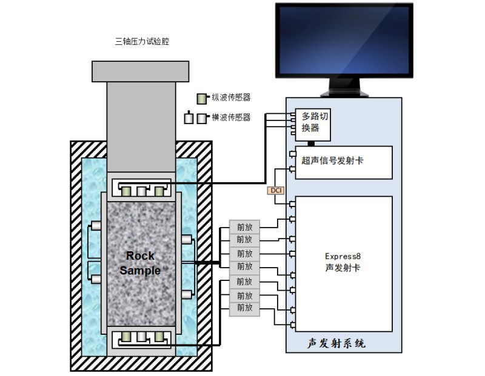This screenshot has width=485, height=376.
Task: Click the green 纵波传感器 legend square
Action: (x=202, y=97)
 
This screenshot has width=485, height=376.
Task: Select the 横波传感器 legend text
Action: (x=231, y=117)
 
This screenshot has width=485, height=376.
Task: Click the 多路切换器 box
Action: (x=315, y=123)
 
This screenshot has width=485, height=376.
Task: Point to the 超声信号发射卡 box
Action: (x=343, y=162)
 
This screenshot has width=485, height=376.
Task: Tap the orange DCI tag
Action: (x=275, y=191)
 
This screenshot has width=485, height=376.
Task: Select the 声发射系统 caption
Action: (x=336, y=343)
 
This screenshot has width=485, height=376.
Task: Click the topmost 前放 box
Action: (x=244, y=227)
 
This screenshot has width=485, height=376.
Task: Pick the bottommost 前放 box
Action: (x=244, y=308)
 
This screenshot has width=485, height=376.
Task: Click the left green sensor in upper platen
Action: (x=126, y=191)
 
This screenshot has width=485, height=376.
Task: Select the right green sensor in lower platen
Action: (x=158, y=337)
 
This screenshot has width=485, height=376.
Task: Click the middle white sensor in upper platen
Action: (x=142, y=191)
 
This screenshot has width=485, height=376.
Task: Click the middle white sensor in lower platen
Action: (x=142, y=337)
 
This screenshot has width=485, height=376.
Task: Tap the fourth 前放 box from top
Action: (x=244, y=266)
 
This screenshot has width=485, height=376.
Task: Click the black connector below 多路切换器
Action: (x=311, y=143)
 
